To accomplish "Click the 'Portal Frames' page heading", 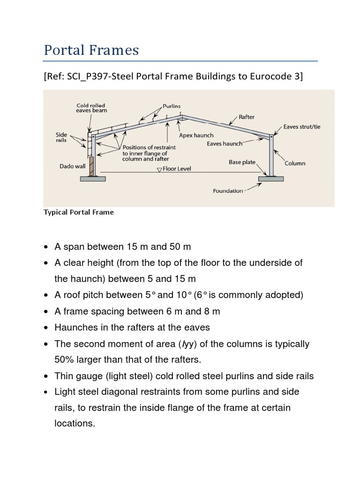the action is tap(91, 50).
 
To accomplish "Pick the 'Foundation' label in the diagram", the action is tap(228, 191).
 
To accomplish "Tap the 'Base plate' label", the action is tap(242, 162).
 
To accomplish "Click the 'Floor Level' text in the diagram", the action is tap(177, 168).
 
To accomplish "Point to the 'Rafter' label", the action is tap(247, 117).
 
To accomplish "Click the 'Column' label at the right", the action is tap(295, 163).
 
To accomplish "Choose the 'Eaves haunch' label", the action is tap(225, 144).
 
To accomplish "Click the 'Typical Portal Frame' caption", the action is tap(79, 212).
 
